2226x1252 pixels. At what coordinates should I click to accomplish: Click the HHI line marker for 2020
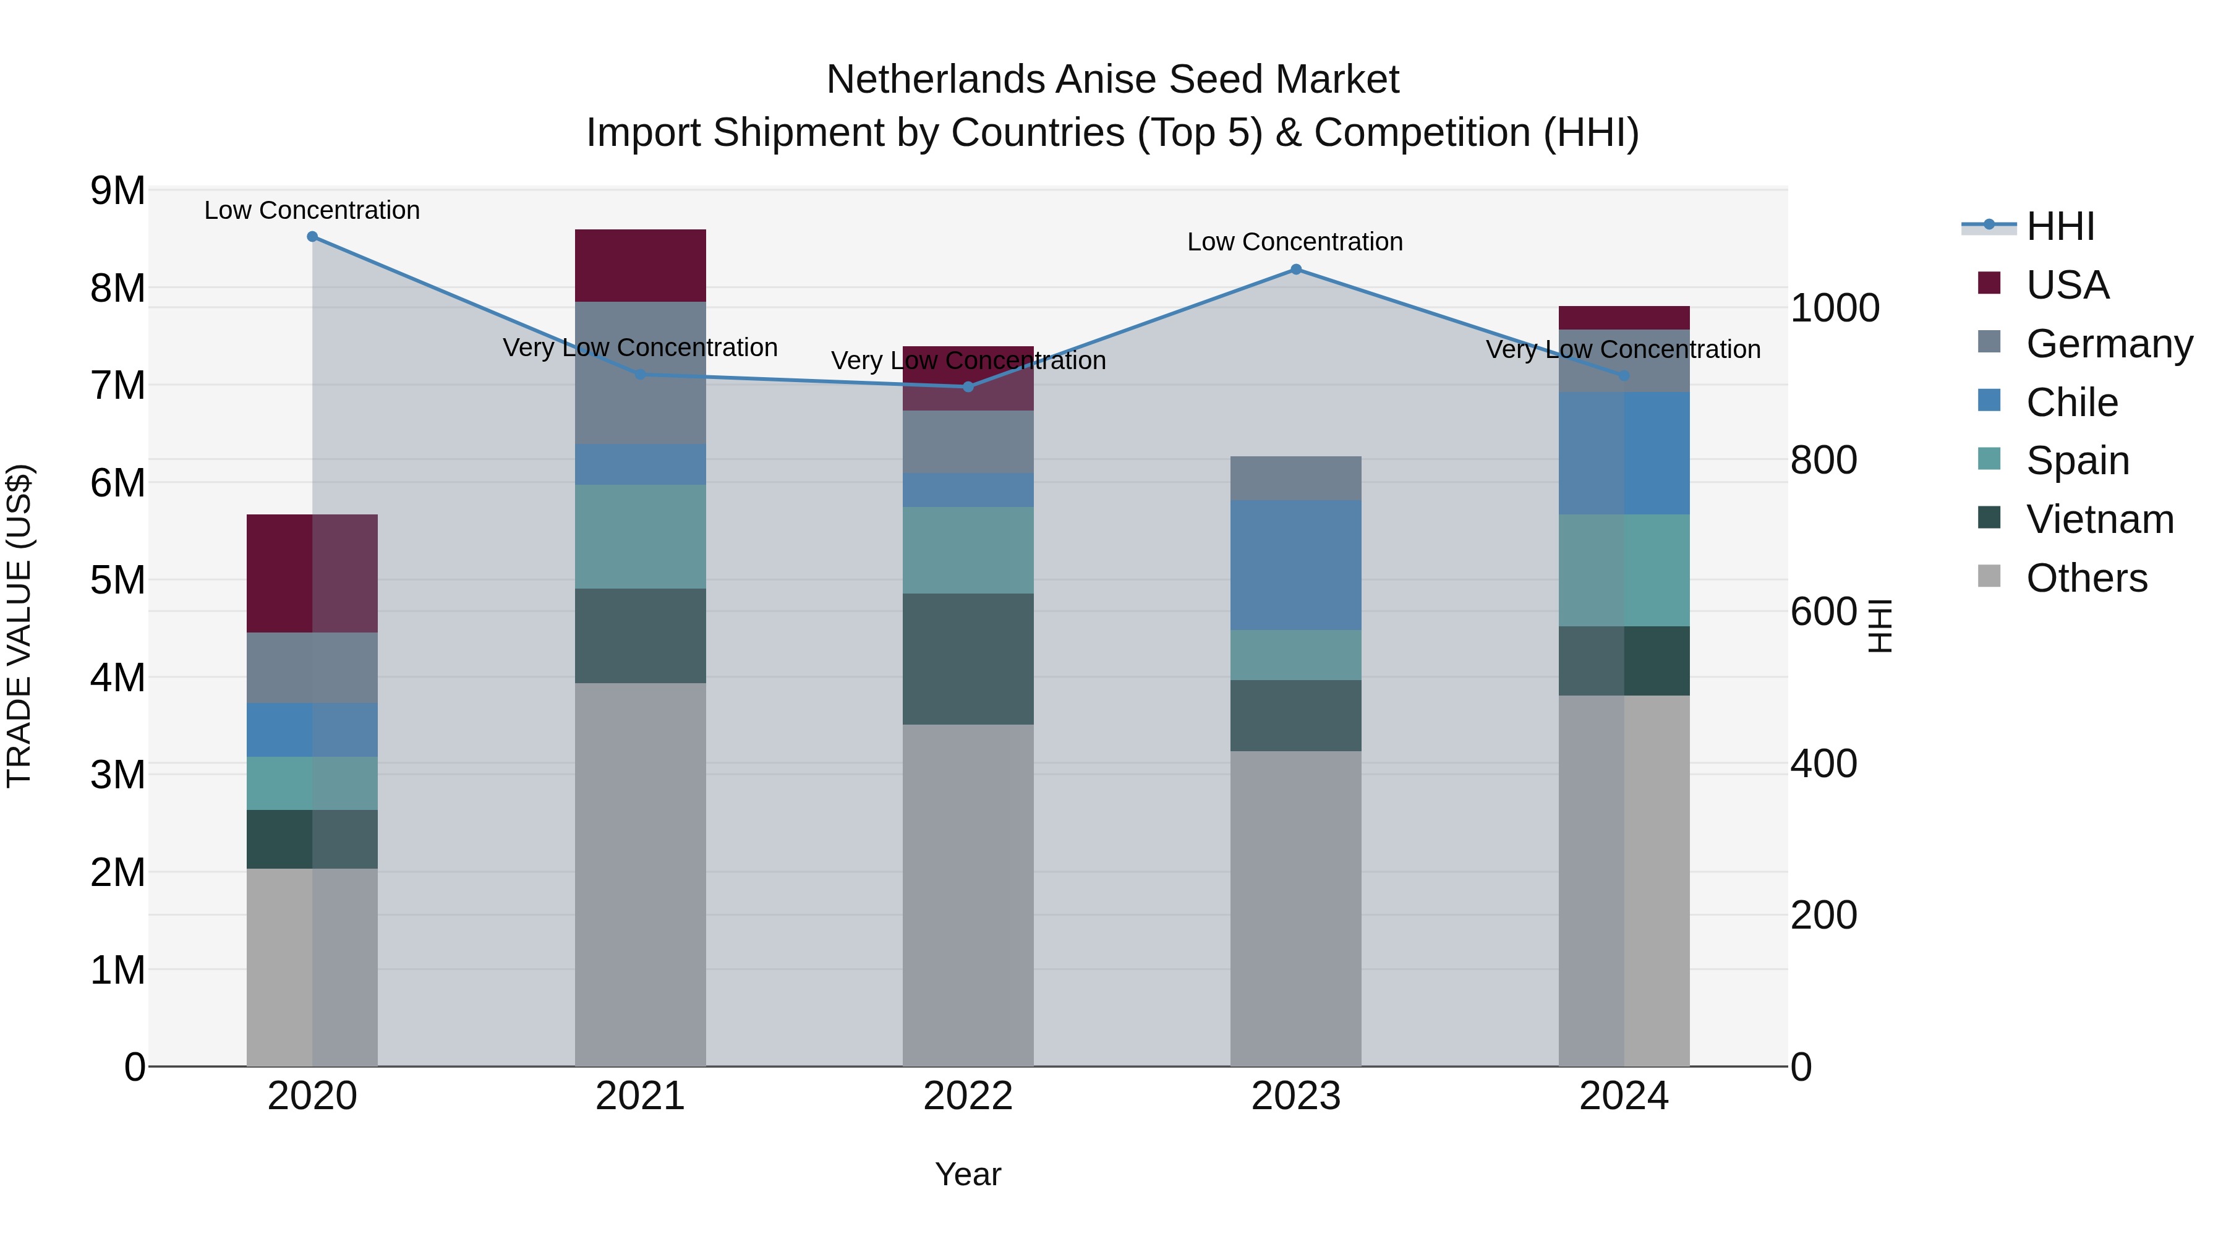click(x=312, y=237)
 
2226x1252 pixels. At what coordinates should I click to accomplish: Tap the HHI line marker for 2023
click(x=1295, y=270)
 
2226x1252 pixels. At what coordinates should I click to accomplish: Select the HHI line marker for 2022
click(x=968, y=387)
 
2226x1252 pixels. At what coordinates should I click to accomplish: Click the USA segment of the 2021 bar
click(x=641, y=265)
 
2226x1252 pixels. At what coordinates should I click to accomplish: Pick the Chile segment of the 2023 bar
click(x=1295, y=565)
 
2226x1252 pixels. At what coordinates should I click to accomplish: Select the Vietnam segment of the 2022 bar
click(x=968, y=658)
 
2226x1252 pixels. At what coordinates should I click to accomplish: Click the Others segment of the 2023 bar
click(x=1295, y=907)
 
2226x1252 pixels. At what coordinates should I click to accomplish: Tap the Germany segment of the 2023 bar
click(x=1295, y=478)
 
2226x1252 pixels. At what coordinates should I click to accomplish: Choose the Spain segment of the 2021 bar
click(x=641, y=537)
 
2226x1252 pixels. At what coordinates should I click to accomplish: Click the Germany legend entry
click(x=2109, y=344)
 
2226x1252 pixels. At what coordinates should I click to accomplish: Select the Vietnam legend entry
click(x=2099, y=519)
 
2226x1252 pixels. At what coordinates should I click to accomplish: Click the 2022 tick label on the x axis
click(x=968, y=1096)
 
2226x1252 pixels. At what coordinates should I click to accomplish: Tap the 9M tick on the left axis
click(x=117, y=191)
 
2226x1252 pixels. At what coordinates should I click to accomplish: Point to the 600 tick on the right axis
click(x=1823, y=611)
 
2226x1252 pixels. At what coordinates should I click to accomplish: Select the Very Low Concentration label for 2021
click(x=641, y=347)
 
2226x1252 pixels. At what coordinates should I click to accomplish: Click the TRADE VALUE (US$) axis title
click(x=20, y=626)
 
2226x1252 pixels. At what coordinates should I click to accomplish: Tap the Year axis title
click(x=968, y=1174)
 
